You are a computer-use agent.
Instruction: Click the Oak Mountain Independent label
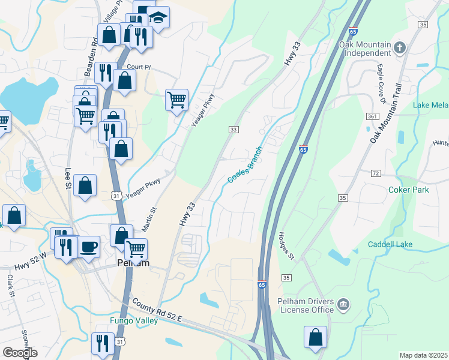pyautogui.click(x=365, y=49)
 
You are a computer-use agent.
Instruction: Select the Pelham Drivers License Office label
pyautogui.click(x=305, y=305)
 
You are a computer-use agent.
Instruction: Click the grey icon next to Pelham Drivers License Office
pyautogui.click(x=344, y=305)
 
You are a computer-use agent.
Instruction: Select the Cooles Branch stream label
pyautogui.click(x=245, y=166)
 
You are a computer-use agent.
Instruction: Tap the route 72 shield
pyautogui.click(x=376, y=173)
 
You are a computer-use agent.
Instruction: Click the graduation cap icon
pyautogui.click(x=158, y=18)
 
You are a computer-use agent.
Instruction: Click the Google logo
pyautogui.click(x=20, y=353)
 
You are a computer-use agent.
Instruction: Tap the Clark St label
pyautogui.click(x=10, y=286)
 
